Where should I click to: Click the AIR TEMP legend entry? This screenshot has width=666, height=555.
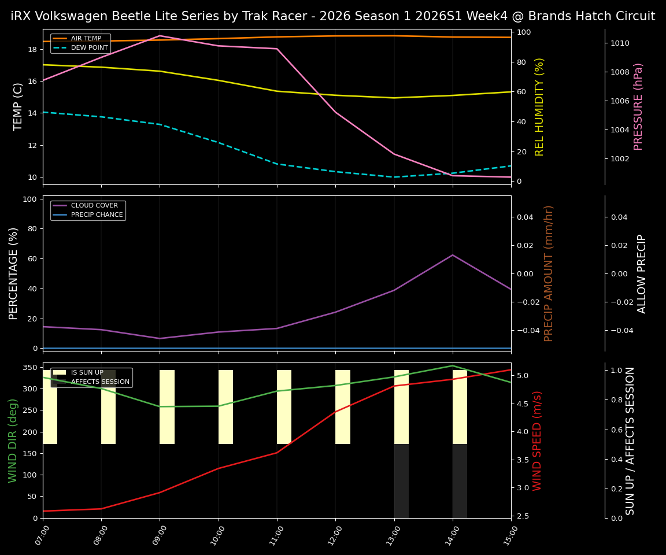click(86, 39)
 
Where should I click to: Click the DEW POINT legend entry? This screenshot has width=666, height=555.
click(89, 47)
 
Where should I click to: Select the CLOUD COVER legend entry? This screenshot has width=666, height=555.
click(94, 206)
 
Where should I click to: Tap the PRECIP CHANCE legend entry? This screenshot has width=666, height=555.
click(97, 215)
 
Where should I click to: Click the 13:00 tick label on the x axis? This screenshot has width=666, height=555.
click(393, 532)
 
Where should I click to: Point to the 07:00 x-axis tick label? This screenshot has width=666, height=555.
click(42, 532)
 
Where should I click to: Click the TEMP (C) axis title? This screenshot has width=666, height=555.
click(18, 106)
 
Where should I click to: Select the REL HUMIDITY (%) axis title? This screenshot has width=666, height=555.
click(539, 106)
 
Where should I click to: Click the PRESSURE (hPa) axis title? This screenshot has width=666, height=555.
click(638, 106)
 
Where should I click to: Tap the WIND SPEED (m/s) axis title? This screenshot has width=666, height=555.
click(537, 440)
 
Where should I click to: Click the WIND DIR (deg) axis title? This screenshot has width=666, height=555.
click(13, 440)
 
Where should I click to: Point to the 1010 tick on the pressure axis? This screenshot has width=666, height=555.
click(620, 43)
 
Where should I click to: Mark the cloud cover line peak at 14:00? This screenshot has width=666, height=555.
click(453, 255)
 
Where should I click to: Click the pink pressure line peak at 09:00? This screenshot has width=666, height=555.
click(160, 36)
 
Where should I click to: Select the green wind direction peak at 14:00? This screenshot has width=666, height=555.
click(453, 365)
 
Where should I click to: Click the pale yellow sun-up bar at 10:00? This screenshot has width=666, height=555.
click(225, 407)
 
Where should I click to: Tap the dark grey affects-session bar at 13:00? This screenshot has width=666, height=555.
click(401, 480)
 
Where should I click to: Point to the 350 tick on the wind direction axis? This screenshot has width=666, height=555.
click(30, 368)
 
